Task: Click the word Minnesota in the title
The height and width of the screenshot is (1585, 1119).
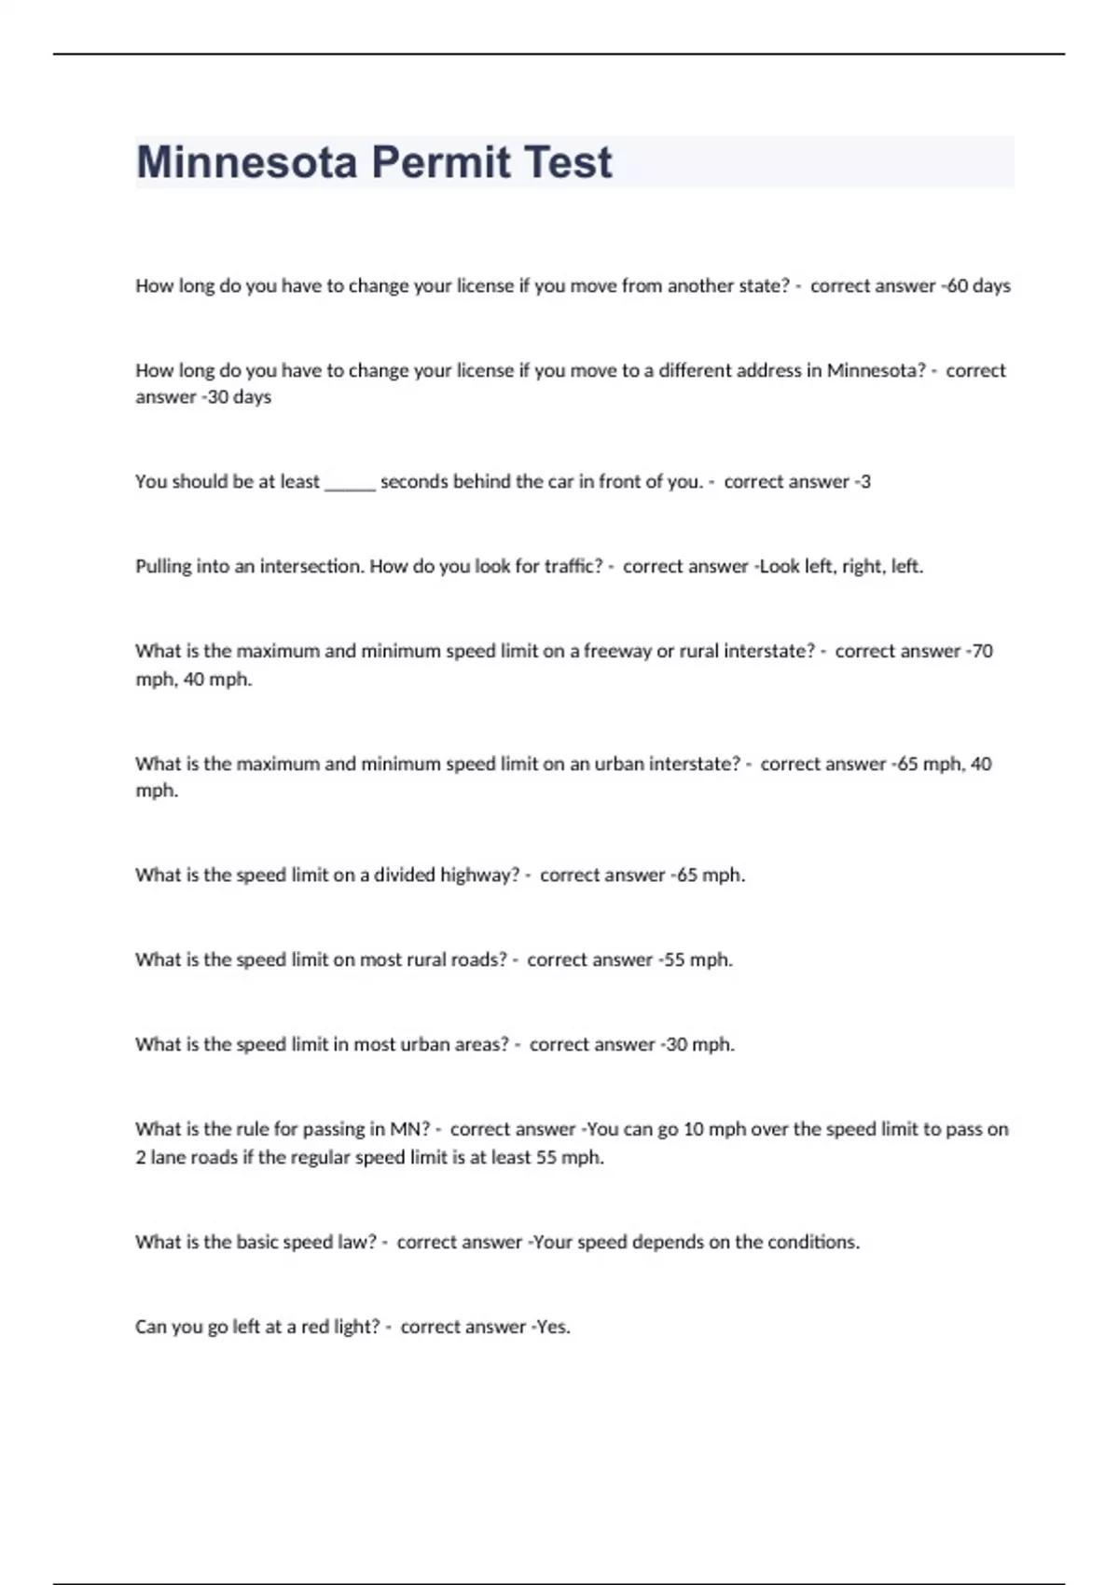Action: point(247,162)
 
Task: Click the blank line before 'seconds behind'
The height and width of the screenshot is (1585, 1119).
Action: point(350,483)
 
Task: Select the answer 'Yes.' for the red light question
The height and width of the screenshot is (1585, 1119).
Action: point(553,1327)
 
